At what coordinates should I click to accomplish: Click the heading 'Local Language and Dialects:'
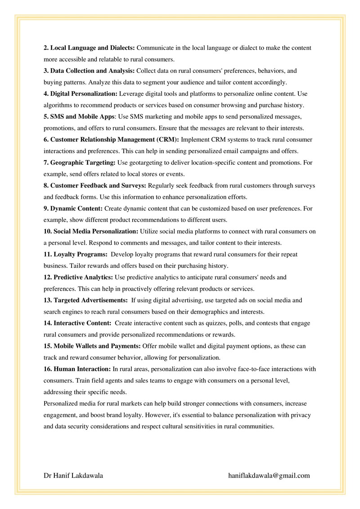pos(92,48)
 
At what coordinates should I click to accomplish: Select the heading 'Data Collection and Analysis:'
pos(92,71)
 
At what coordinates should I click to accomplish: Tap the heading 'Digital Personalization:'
pos(84,94)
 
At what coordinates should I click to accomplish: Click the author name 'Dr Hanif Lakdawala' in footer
pos(73,475)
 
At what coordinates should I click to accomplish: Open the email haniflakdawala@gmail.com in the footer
pos(269,475)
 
